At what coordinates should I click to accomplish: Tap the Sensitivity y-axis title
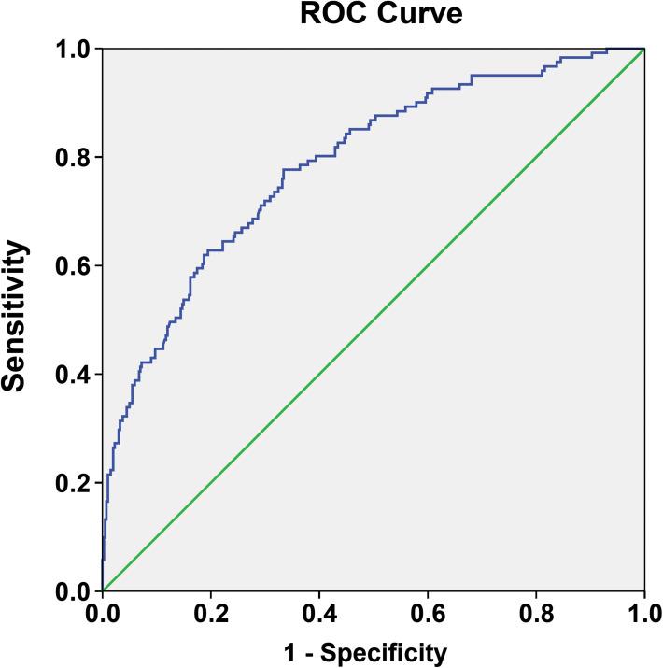[16, 317]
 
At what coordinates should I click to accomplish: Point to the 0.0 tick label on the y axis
[73, 591]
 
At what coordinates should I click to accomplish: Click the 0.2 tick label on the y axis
[73, 483]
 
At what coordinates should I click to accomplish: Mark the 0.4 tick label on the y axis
[73, 375]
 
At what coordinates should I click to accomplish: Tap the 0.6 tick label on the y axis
[73, 266]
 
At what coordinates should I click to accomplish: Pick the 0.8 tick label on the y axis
[73, 157]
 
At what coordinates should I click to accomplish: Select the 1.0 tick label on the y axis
[73, 49]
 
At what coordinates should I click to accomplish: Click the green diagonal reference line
[374, 320]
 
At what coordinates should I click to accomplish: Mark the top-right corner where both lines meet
[644, 49]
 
